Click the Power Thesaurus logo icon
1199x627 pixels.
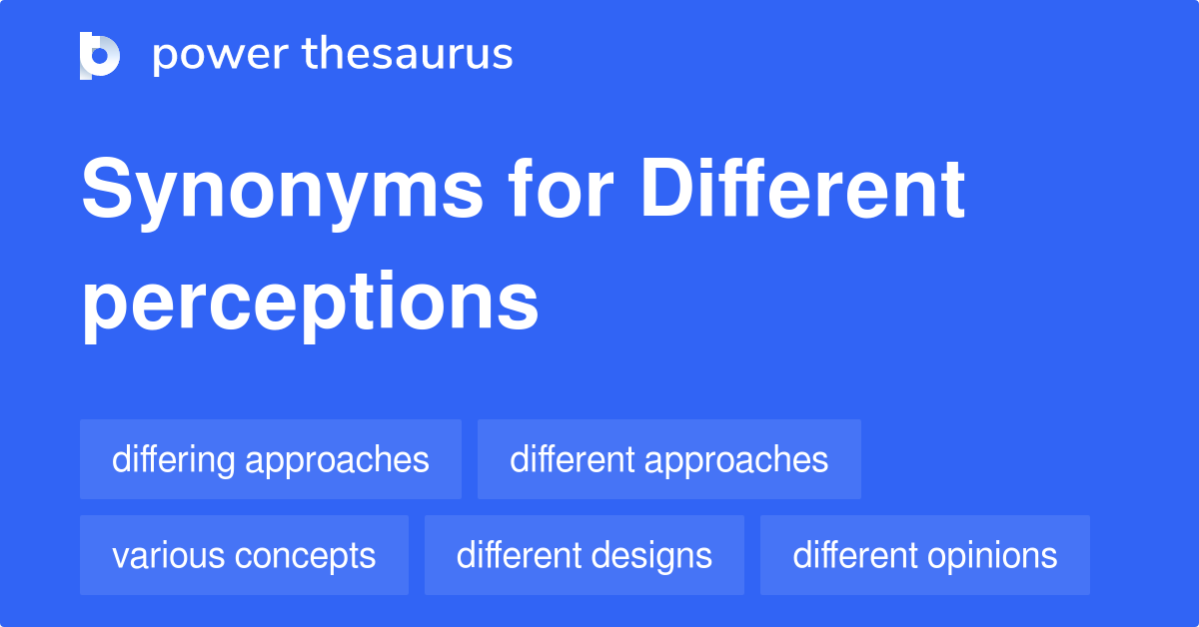pyautogui.click(x=100, y=55)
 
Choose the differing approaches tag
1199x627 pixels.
pyautogui.click(x=271, y=459)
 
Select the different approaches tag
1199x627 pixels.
pyautogui.click(x=668, y=459)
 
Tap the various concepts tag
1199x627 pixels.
pyautogui.click(x=244, y=555)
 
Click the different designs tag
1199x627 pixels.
pyautogui.click(x=584, y=555)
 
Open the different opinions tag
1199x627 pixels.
pyautogui.click(x=924, y=555)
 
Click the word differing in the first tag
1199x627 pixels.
pyautogui.click(x=174, y=459)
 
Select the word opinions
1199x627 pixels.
pyautogui.click(x=996, y=555)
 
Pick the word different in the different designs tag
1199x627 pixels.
pyautogui.click(x=518, y=555)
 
